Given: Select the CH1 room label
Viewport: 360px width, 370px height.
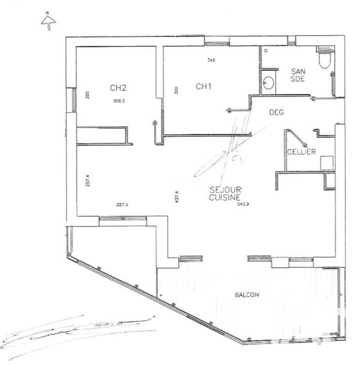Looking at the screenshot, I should (x=204, y=86).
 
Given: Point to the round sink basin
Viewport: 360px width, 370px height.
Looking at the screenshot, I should (x=268, y=83).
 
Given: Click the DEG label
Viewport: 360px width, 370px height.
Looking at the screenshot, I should (x=276, y=112).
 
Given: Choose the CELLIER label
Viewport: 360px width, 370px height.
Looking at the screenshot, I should (x=301, y=152).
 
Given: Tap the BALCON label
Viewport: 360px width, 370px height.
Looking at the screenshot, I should (x=247, y=295).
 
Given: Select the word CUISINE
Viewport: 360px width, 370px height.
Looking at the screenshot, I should (x=223, y=197).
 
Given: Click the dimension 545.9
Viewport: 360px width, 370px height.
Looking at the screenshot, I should (x=243, y=203).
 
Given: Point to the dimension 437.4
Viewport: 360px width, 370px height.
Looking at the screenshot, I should (x=176, y=197).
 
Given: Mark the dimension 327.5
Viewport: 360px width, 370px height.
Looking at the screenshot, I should (x=122, y=203).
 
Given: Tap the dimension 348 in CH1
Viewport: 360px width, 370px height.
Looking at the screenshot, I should (x=211, y=60).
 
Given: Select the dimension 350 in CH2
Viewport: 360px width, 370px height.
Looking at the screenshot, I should (x=87, y=95).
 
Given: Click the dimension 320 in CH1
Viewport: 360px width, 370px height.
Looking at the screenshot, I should (x=176, y=90).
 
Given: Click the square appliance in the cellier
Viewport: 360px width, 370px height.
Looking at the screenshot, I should (x=326, y=161).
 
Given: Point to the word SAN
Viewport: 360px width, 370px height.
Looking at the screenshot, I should (x=297, y=71).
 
